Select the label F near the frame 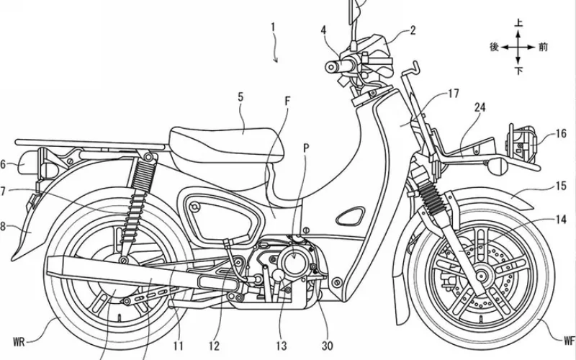[x=287, y=102]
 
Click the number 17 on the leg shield [x=453, y=93]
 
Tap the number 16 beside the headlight [x=560, y=134]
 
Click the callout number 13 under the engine [x=282, y=325]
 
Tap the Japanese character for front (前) [x=542, y=47]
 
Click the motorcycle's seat [x=223, y=137]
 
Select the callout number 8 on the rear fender [x=3, y=225]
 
